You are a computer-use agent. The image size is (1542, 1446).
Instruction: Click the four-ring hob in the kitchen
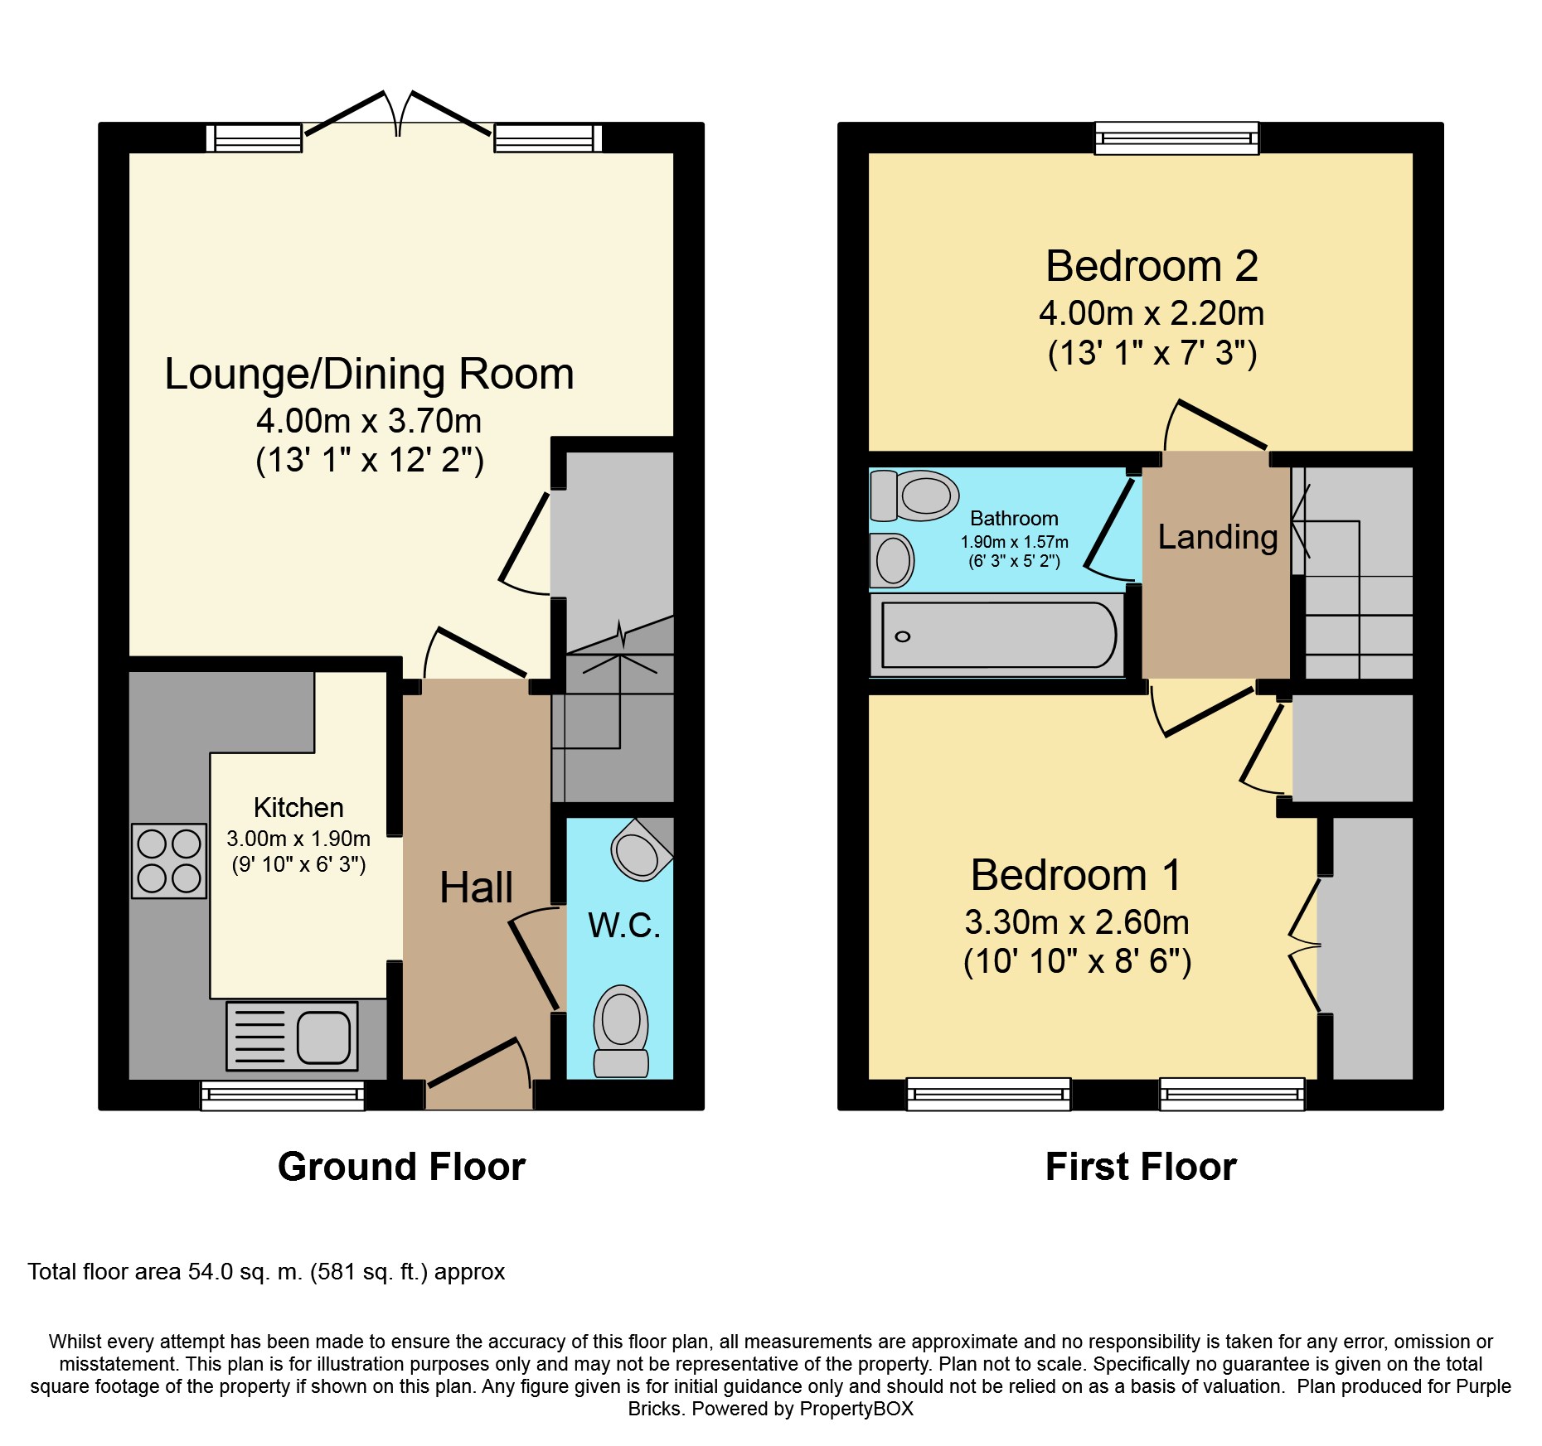[x=169, y=861]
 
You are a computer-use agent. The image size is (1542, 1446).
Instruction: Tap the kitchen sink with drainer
[x=293, y=1036]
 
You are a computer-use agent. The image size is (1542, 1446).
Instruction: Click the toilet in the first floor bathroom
[x=914, y=496]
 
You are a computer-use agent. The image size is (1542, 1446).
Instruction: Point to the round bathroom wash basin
[x=892, y=560]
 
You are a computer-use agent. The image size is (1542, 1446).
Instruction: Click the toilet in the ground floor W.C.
[x=621, y=1031]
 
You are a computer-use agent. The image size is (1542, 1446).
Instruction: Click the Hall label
[x=476, y=887]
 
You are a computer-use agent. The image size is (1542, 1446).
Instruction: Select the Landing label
[x=1217, y=538]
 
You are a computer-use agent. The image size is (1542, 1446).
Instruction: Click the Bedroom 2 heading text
[x=1152, y=266]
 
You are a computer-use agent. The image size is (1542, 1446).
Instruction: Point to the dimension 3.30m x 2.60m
[x=1077, y=921]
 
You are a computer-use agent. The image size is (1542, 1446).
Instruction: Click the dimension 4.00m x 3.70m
[x=369, y=421]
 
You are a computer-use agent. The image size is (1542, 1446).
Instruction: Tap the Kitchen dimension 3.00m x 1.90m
[x=298, y=839]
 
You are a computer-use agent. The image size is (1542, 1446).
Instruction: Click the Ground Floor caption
[x=401, y=1167]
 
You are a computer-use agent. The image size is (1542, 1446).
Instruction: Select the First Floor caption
[x=1141, y=1167]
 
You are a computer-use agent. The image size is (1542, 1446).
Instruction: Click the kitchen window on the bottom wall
[x=283, y=1095]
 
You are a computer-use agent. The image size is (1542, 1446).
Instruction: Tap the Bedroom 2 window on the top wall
[x=1176, y=138]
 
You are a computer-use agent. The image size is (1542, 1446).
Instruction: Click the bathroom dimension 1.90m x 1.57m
[x=1014, y=542]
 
